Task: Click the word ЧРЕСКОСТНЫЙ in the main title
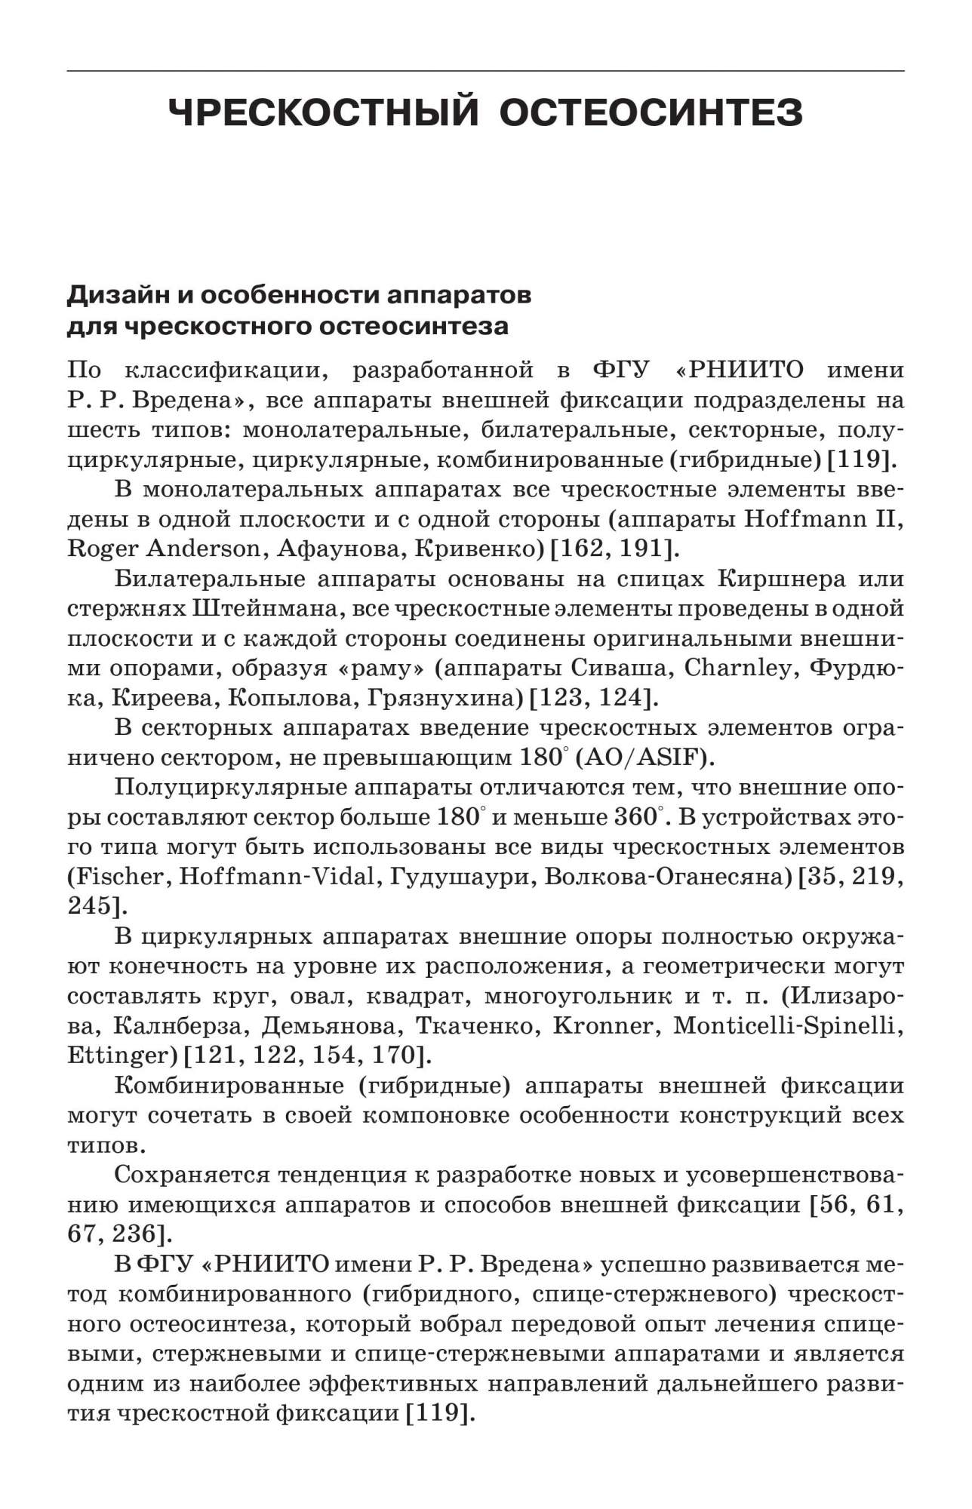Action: pos(324,113)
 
